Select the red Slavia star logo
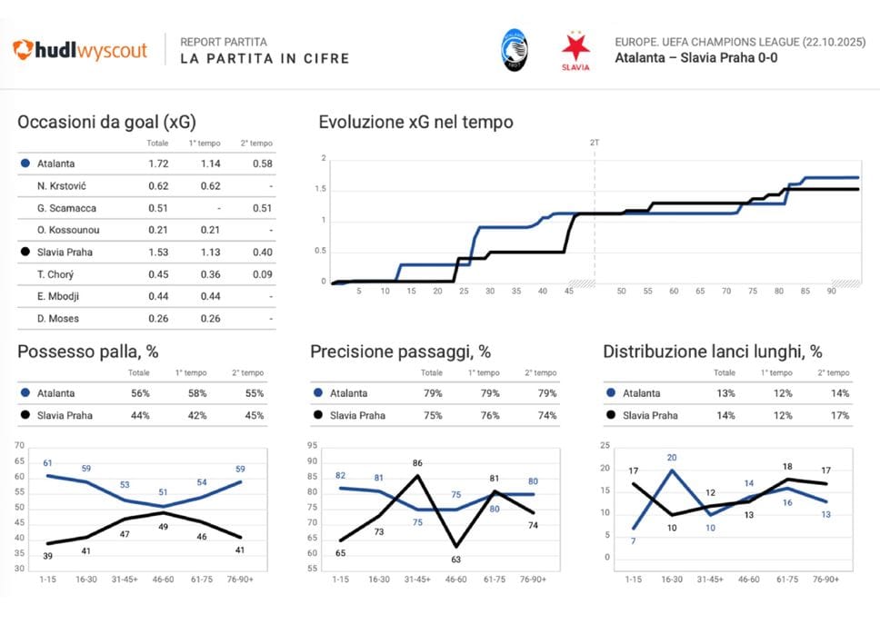[575, 51]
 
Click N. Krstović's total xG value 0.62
[158, 186]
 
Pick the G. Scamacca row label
[62, 208]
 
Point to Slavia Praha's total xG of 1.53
[158, 252]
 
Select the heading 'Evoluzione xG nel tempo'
[415, 123]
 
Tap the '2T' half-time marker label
[595, 142]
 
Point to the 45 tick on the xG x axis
[569, 292]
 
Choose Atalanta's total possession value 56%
[139, 393]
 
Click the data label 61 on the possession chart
[47, 463]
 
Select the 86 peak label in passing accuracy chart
[417, 463]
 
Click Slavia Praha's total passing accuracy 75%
[432, 415]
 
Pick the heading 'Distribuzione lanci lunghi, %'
[713, 352]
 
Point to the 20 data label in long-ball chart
[672, 458]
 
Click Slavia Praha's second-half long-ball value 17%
[839, 415]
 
